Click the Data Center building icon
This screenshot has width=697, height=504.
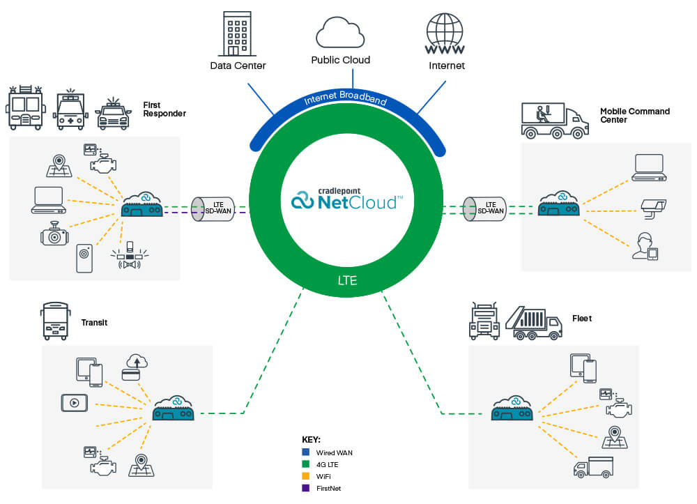click(x=238, y=35)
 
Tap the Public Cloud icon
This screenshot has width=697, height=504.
click(x=340, y=31)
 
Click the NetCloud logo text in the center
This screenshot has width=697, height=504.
click(x=346, y=201)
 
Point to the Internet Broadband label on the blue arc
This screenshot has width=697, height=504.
click(x=345, y=100)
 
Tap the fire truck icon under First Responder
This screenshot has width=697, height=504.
click(x=25, y=109)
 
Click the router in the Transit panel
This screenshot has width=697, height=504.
click(x=173, y=408)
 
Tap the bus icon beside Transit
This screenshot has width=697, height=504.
click(x=56, y=321)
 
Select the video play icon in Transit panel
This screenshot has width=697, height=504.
click(x=74, y=402)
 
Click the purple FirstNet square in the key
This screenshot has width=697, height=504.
click(x=306, y=488)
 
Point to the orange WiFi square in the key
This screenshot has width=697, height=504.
click(x=306, y=476)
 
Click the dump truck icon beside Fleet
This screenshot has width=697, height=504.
click(x=533, y=322)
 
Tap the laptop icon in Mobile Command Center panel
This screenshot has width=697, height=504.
click(x=649, y=168)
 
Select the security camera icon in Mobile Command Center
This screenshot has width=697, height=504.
click(x=654, y=205)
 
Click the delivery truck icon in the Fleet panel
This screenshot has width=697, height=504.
click(x=593, y=467)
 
